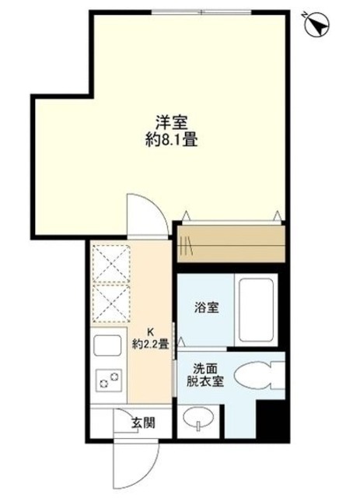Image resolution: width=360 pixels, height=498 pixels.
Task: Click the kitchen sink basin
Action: pos(109,345)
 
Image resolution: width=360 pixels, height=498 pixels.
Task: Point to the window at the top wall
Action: pos(201,11)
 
